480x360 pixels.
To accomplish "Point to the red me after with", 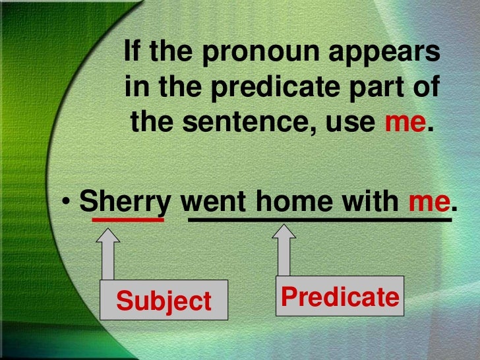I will (x=429, y=202).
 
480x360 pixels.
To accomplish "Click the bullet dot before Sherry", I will (x=69, y=203).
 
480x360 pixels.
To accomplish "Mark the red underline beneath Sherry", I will (x=128, y=220).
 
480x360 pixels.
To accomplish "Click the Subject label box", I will (x=164, y=301).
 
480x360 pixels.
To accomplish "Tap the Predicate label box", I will (x=339, y=297).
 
